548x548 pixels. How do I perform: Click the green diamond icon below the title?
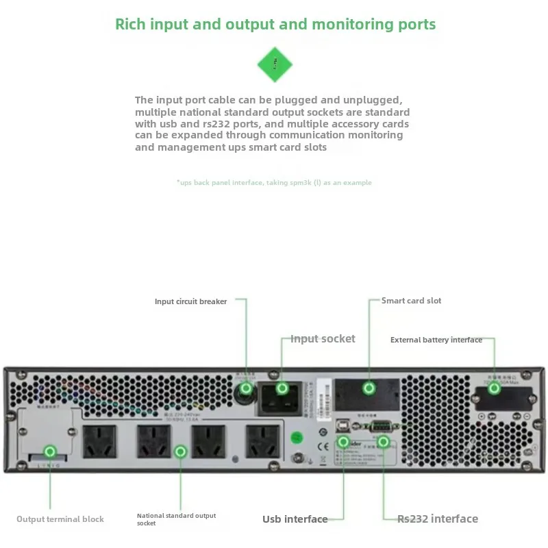click(x=275, y=65)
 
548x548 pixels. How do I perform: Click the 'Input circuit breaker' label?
click(x=190, y=301)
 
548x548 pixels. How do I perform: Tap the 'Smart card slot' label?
click(x=411, y=301)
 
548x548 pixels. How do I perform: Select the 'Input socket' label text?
click(x=323, y=338)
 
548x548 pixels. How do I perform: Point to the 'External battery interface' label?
click(x=436, y=340)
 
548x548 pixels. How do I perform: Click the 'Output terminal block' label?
click(x=60, y=519)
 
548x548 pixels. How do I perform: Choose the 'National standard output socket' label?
click(x=176, y=519)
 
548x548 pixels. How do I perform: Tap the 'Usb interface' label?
click(x=295, y=519)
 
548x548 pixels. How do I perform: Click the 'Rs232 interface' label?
click(x=437, y=519)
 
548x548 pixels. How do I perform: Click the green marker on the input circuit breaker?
click(x=245, y=388)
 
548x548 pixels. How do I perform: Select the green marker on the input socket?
click(x=282, y=388)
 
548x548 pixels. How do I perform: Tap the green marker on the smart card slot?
click(x=369, y=388)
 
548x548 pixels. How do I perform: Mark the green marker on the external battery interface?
click(x=494, y=388)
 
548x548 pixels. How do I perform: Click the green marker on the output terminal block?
click(x=49, y=451)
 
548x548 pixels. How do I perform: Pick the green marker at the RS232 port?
click(x=384, y=442)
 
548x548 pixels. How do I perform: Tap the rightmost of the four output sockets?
click(x=263, y=442)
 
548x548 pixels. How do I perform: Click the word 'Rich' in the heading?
click(x=129, y=25)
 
